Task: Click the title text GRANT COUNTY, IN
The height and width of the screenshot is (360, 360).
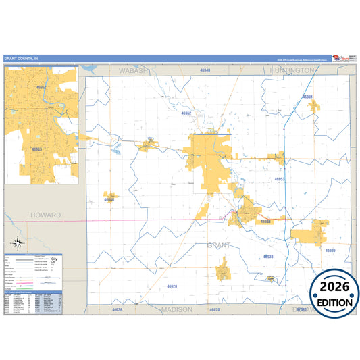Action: (20, 59)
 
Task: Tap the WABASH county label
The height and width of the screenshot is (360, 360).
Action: (132, 70)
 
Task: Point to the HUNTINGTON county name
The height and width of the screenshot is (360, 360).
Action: (291, 70)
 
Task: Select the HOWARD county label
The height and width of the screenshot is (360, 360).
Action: (45, 215)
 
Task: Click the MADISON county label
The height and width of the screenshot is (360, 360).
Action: (177, 309)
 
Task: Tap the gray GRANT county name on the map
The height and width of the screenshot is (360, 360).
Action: (219, 245)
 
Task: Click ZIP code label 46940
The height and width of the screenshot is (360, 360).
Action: (205, 70)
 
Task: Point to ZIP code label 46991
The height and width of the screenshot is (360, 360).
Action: (308, 97)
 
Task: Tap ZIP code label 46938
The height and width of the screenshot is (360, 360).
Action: (267, 257)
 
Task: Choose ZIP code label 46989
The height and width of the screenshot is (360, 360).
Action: (330, 251)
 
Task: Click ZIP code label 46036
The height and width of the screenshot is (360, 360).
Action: (118, 309)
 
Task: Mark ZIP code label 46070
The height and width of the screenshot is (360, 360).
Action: (214, 309)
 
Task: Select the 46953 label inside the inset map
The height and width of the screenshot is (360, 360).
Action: (36, 149)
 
